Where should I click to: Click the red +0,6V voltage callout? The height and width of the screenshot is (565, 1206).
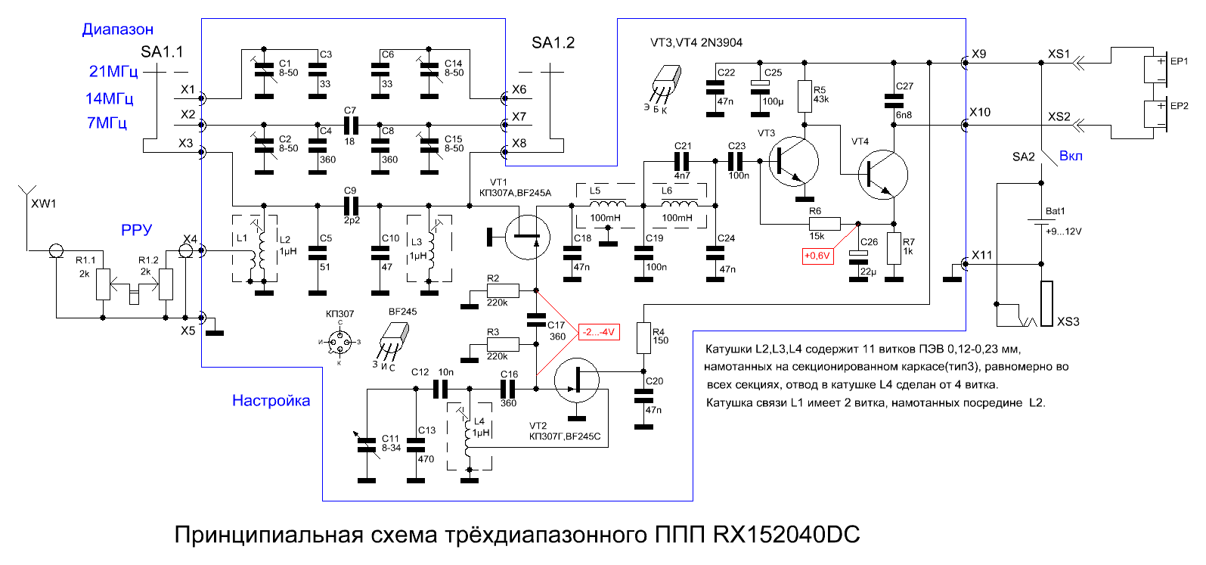pos(817,256)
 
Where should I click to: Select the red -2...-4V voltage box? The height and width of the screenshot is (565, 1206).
pos(599,332)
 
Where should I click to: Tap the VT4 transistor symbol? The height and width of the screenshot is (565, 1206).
pos(883,175)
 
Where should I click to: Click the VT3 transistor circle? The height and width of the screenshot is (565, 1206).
pos(794,162)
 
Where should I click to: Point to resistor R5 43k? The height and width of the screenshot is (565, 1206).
pos(805,96)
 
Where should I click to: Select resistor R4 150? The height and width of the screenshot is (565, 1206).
pos(644,337)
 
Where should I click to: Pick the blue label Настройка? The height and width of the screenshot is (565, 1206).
pos(271,401)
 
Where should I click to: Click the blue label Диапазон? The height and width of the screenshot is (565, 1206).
pos(117,29)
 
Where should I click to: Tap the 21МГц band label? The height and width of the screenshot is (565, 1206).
pos(113,71)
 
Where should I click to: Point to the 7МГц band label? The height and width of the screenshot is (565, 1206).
pos(107,123)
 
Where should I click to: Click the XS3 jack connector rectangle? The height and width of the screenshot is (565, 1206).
pos(1046,303)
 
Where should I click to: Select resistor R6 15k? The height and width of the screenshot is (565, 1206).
pos(824,224)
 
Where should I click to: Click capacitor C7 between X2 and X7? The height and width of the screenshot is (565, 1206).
pos(351,126)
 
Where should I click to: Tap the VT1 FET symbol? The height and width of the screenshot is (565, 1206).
pos(528,237)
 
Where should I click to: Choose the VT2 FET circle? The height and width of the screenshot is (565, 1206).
pos(577,381)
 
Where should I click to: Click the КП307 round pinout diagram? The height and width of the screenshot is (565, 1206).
pos(340,342)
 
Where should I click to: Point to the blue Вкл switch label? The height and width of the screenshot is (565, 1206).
pos(1071,157)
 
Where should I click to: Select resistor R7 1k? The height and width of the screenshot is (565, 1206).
pos(894,248)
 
